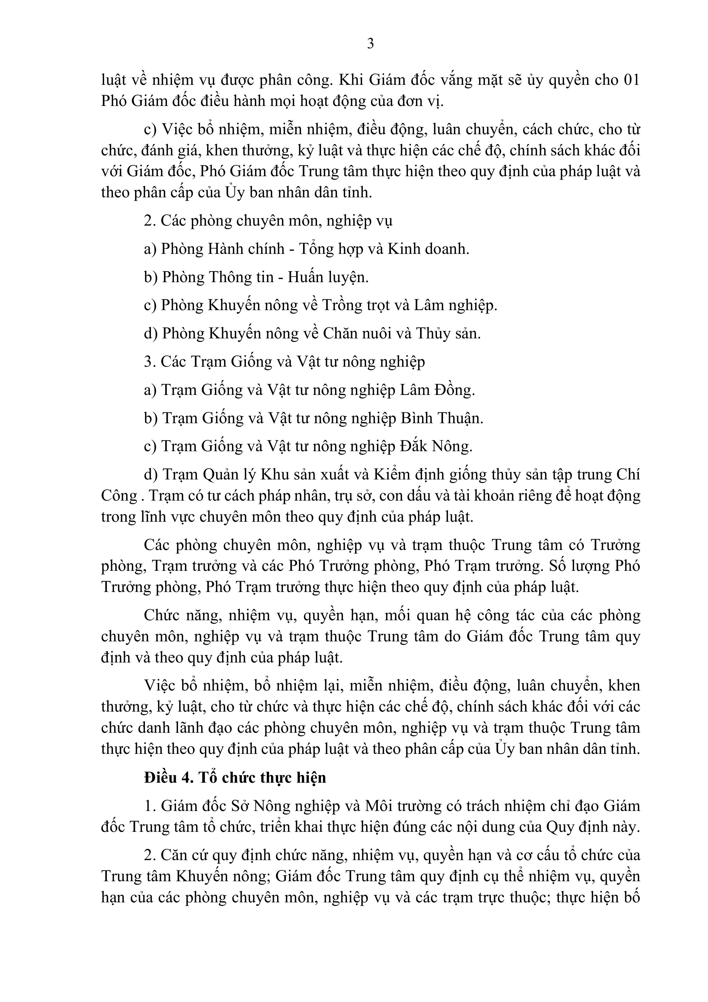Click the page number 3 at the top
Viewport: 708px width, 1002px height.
pyautogui.click(x=370, y=44)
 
